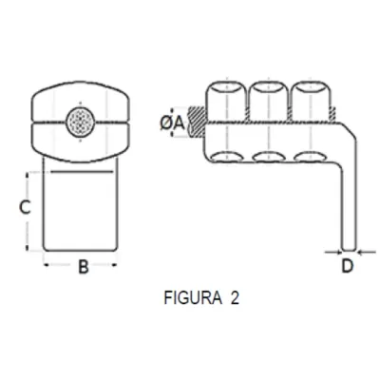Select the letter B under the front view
tap(83, 268)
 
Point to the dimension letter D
tap(347, 265)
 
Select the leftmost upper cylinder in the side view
tap(224, 100)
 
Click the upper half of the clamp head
tap(81, 103)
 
